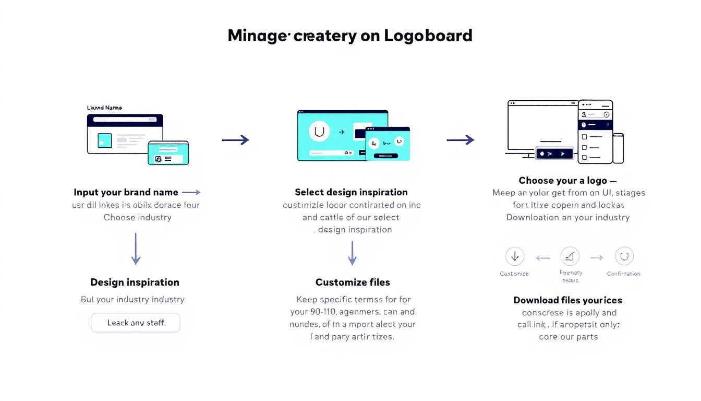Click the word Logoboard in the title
(428, 36)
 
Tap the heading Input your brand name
(126, 192)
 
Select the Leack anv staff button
(136, 323)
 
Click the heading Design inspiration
(135, 282)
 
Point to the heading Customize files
(353, 282)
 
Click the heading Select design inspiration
(351, 192)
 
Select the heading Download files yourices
(567, 300)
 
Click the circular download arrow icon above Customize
(515, 256)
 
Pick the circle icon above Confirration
(624, 256)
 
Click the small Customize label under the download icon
(514, 274)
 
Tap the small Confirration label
(624, 274)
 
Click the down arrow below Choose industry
(136, 249)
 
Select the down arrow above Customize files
(353, 253)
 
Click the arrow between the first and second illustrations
(235, 139)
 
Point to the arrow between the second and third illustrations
(460, 139)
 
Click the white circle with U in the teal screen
(319, 132)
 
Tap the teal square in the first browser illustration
(105, 140)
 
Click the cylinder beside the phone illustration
(618, 148)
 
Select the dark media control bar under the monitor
(555, 154)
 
